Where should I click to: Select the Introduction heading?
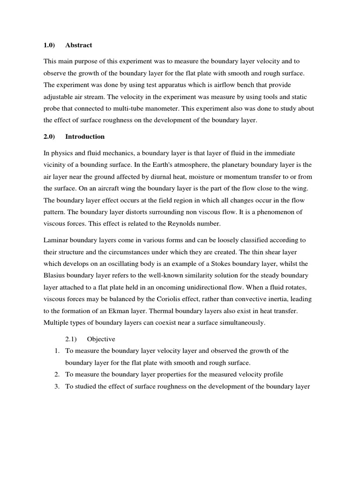tap(85, 137)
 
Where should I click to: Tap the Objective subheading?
tap(101, 339)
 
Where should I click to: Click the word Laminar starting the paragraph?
tap(56, 240)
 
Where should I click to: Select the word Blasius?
tap(55, 275)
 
